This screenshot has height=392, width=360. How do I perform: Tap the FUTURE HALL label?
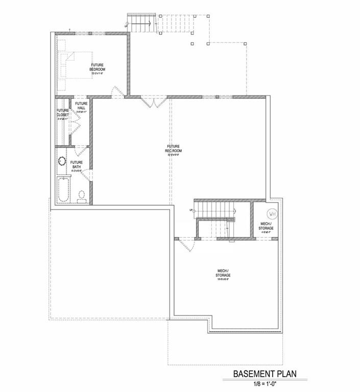[x=81, y=106]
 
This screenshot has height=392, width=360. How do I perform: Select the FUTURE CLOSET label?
[x=62, y=113]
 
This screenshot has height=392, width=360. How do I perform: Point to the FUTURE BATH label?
[x=77, y=165]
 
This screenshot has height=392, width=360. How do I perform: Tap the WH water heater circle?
[x=272, y=213]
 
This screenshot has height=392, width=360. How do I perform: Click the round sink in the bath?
[x=61, y=161]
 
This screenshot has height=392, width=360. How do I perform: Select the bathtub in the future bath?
[x=63, y=189]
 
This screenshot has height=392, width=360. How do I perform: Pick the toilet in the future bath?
[x=82, y=195]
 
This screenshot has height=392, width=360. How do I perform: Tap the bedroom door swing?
[x=116, y=92]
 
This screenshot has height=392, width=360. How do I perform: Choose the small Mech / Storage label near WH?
[x=266, y=226]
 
